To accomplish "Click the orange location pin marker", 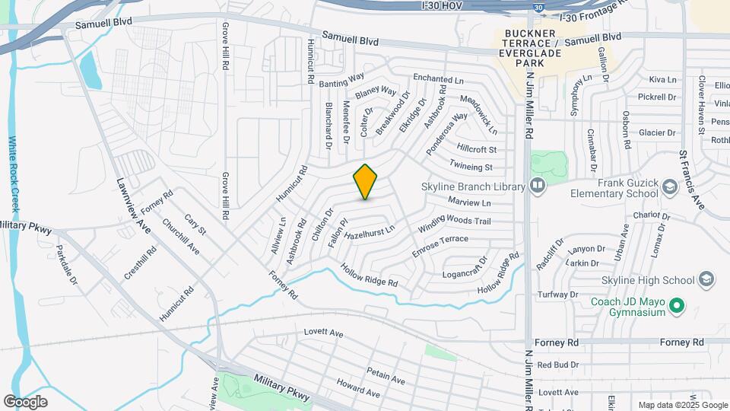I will point(366,182).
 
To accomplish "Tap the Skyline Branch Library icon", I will point(538,186).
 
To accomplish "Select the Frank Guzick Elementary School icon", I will point(669,186).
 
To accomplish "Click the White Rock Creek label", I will point(13,174).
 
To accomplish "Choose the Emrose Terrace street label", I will point(440,244).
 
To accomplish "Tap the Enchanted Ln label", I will point(438,78).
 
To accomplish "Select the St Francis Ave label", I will point(692,181).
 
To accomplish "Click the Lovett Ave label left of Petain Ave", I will point(323,333).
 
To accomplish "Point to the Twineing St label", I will point(471,167).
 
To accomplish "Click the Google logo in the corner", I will point(25,401).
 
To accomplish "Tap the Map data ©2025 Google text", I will point(684,405).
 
